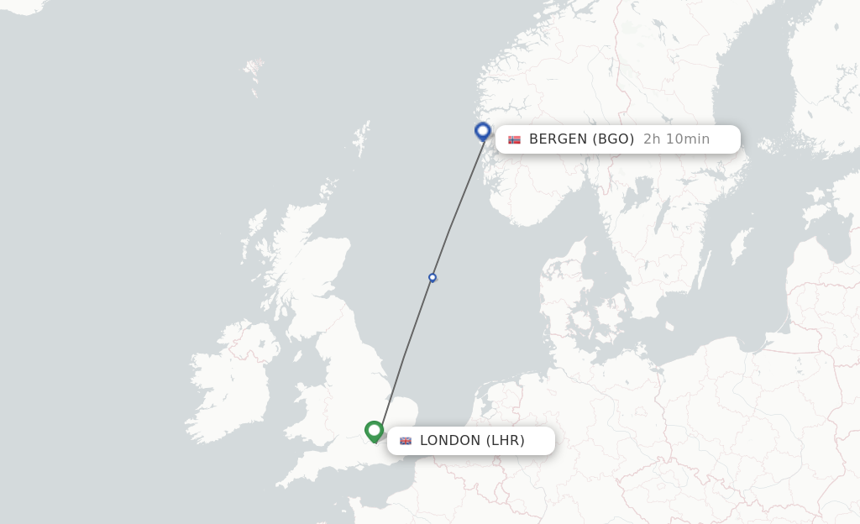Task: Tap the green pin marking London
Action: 374,431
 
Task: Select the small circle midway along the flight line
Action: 433,277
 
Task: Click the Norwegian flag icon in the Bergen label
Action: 514,139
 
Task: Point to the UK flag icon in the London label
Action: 406,441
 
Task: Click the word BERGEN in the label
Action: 558,139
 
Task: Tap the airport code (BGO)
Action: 613,139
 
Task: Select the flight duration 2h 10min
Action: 676,139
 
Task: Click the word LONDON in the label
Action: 450,441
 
